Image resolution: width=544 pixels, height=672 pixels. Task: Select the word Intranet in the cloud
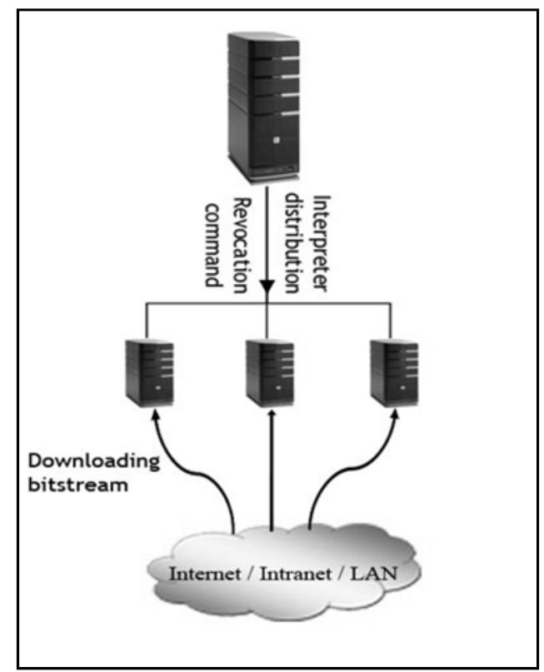(x=285, y=574)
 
